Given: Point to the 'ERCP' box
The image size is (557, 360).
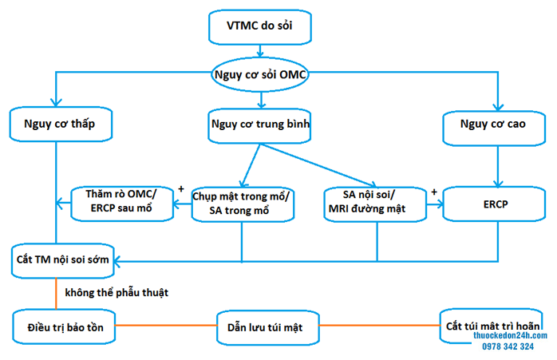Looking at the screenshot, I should pos(495,204).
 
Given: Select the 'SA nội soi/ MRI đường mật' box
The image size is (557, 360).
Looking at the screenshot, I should pos(377,203).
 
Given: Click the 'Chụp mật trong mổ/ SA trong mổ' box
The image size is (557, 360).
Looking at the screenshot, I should pos(243,204).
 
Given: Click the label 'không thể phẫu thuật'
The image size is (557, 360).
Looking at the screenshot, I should pos(117,293).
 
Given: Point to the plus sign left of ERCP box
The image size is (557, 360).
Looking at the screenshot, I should pos(434,192).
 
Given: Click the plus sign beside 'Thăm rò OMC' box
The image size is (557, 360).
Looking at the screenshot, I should pos(182,190).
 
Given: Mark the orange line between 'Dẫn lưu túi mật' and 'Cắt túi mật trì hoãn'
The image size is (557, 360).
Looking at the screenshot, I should pos(380,326).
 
